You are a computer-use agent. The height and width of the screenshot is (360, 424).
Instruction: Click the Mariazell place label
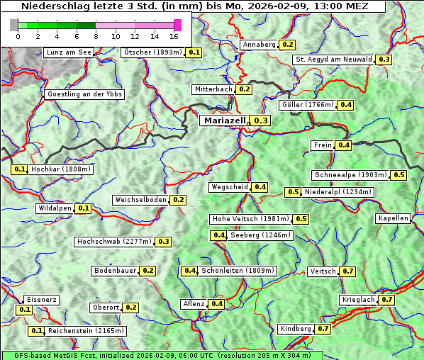pos(224,121)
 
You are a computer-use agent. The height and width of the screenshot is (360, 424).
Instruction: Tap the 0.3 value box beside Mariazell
pos(262,121)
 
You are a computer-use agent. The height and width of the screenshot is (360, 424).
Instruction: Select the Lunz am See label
pos(68,52)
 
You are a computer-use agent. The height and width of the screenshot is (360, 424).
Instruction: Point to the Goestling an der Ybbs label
pos(84,94)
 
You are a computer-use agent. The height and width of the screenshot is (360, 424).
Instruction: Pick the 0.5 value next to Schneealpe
pos(399,175)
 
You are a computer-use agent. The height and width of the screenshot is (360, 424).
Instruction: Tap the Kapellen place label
pos(394,218)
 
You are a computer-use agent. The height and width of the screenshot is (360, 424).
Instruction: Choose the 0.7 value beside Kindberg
pos(323,329)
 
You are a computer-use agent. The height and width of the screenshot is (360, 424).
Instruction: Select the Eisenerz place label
pos(41,300)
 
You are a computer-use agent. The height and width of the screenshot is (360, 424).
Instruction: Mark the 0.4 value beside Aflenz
pos(217,304)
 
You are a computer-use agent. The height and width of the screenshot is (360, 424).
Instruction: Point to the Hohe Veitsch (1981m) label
pos(250,219)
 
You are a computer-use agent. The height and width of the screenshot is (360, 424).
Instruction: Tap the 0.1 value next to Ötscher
pos(194,52)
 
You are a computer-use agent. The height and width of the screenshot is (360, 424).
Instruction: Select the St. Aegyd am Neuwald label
pos(333,60)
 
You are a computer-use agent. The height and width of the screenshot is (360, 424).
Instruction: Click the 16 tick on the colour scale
pos(174,35)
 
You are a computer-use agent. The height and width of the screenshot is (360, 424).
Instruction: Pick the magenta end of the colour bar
pos(177,25)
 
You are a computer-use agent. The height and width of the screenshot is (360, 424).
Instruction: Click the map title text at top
pos(193,6)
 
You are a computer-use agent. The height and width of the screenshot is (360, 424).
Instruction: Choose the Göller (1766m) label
pos(307,105)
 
